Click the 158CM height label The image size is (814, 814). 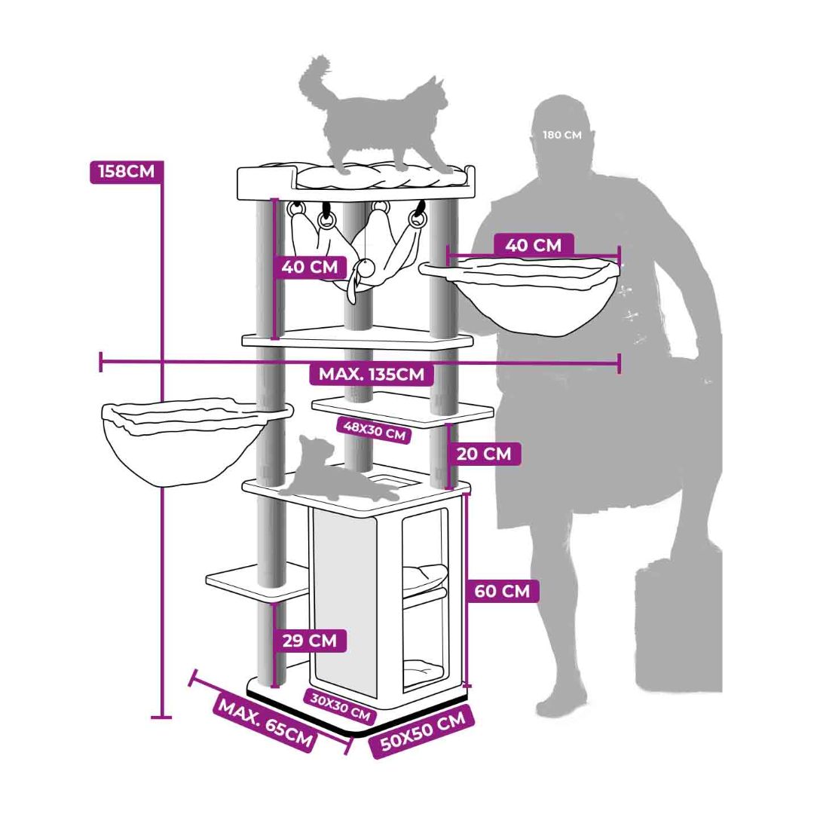(x=126, y=171)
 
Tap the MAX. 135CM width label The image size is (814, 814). (x=371, y=374)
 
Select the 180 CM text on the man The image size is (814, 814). (x=562, y=135)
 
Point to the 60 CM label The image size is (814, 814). (x=502, y=591)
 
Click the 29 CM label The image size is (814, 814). (x=310, y=640)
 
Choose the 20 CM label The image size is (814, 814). (x=484, y=454)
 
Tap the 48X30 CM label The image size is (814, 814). (x=375, y=430)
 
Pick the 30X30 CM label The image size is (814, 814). (x=341, y=706)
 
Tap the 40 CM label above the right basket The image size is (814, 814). (x=534, y=244)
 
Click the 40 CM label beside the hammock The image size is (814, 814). (x=310, y=267)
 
